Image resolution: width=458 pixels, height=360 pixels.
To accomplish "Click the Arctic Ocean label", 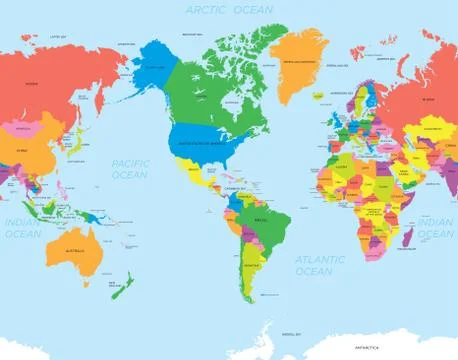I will point(229,9).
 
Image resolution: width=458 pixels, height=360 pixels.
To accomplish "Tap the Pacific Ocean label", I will point(130,168).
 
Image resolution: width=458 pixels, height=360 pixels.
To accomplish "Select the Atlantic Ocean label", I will point(314,264).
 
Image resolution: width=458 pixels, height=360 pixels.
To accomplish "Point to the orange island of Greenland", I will point(299,60).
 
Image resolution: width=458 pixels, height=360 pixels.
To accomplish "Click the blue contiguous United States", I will point(206,146).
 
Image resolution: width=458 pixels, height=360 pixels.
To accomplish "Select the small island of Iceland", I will point(325,88).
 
